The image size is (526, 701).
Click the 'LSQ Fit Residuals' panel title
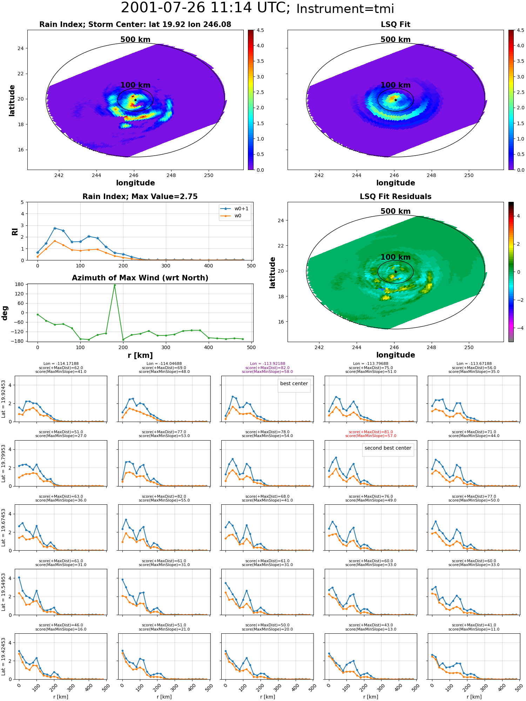pyautogui.click(x=396, y=197)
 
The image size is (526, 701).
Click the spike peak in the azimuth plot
pyautogui.click(x=115, y=285)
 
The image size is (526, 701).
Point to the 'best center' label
pyautogui.click(x=294, y=383)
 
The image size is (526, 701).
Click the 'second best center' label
pyautogui.click(x=388, y=448)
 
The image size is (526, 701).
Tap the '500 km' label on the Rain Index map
pyautogui.click(x=135, y=40)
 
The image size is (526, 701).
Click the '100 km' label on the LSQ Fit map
pyautogui.click(x=396, y=85)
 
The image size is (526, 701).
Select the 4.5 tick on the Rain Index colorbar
pyautogui.click(x=260, y=30)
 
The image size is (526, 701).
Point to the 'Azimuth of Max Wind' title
pyautogui.click(x=140, y=278)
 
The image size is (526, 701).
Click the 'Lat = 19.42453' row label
pyautogui.click(x=4, y=656)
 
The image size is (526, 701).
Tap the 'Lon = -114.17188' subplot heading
pyautogui.click(x=61, y=364)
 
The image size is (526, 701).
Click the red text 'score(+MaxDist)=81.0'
pyautogui.click(x=371, y=432)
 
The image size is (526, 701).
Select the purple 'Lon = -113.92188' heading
pyautogui.click(x=268, y=364)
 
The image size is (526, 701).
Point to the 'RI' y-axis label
pyautogui.click(x=15, y=231)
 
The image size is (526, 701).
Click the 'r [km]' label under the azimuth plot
pyautogui.click(x=140, y=355)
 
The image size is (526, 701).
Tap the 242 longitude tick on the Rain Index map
pyautogui.click(x=59, y=175)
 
